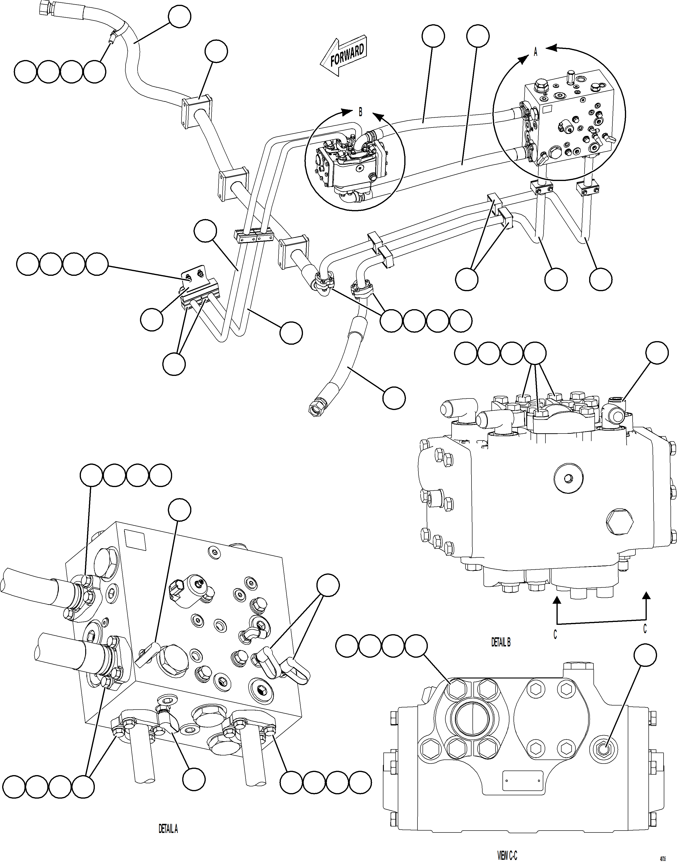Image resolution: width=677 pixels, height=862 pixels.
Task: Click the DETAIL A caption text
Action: [x=168, y=829]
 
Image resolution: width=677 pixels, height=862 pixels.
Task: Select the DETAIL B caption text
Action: [x=501, y=642]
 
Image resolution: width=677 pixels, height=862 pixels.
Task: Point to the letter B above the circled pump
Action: [x=360, y=112]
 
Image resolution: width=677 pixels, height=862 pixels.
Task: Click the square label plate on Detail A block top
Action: [x=135, y=540]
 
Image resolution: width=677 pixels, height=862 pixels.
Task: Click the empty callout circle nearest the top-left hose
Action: [x=180, y=16]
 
